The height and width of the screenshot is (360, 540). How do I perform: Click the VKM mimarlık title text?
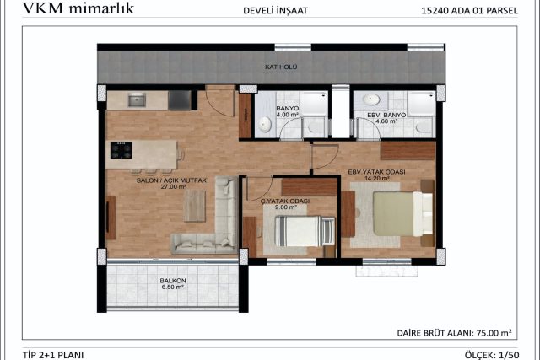point(78,8)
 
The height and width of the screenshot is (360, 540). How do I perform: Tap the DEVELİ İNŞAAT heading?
point(275,11)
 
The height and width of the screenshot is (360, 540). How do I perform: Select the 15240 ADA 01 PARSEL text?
point(469,11)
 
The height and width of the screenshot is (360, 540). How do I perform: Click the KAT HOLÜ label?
point(281,67)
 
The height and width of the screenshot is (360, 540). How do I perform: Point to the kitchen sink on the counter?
point(137,99)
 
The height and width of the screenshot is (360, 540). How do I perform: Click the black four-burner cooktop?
point(121,150)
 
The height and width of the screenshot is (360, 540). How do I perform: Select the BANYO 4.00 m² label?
point(287,111)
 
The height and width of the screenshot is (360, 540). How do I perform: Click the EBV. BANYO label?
point(386,115)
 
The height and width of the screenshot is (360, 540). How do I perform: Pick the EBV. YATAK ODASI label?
point(377,172)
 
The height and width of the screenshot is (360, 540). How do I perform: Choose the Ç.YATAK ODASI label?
point(285,201)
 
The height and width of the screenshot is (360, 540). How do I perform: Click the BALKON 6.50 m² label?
point(173,284)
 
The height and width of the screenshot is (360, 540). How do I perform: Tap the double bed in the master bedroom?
point(403,213)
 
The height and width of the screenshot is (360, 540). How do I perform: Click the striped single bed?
point(305,231)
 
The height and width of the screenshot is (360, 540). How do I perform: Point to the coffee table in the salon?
point(195,206)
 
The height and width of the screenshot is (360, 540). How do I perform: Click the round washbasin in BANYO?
point(265,124)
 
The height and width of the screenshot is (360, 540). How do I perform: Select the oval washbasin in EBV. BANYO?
point(371,99)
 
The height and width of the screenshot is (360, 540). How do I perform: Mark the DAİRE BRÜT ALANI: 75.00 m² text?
point(454,333)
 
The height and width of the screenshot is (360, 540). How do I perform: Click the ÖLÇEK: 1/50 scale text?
point(491,355)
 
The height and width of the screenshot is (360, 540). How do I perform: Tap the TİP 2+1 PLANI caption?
point(53,355)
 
